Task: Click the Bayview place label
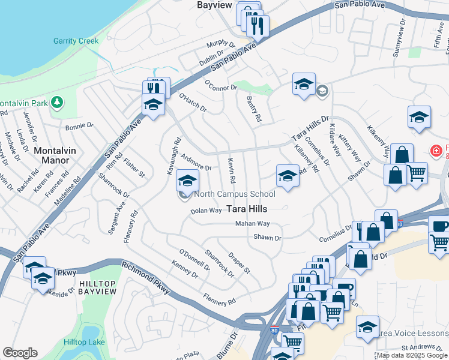pyautogui.click(x=215, y=5)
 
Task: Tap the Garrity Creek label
pyautogui.click(x=76, y=41)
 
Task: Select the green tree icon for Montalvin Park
pyautogui.click(x=57, y=103)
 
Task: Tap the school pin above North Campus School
pyautogui.click(x=187, y=179)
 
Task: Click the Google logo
pyautogui.click(x=20, y=353)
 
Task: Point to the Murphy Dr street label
pyautogui.click(x=221, y=44)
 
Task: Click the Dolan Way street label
pyautogui.click(x=206, y=211)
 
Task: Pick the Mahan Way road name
pyautogui.click(x=252, y=224)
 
